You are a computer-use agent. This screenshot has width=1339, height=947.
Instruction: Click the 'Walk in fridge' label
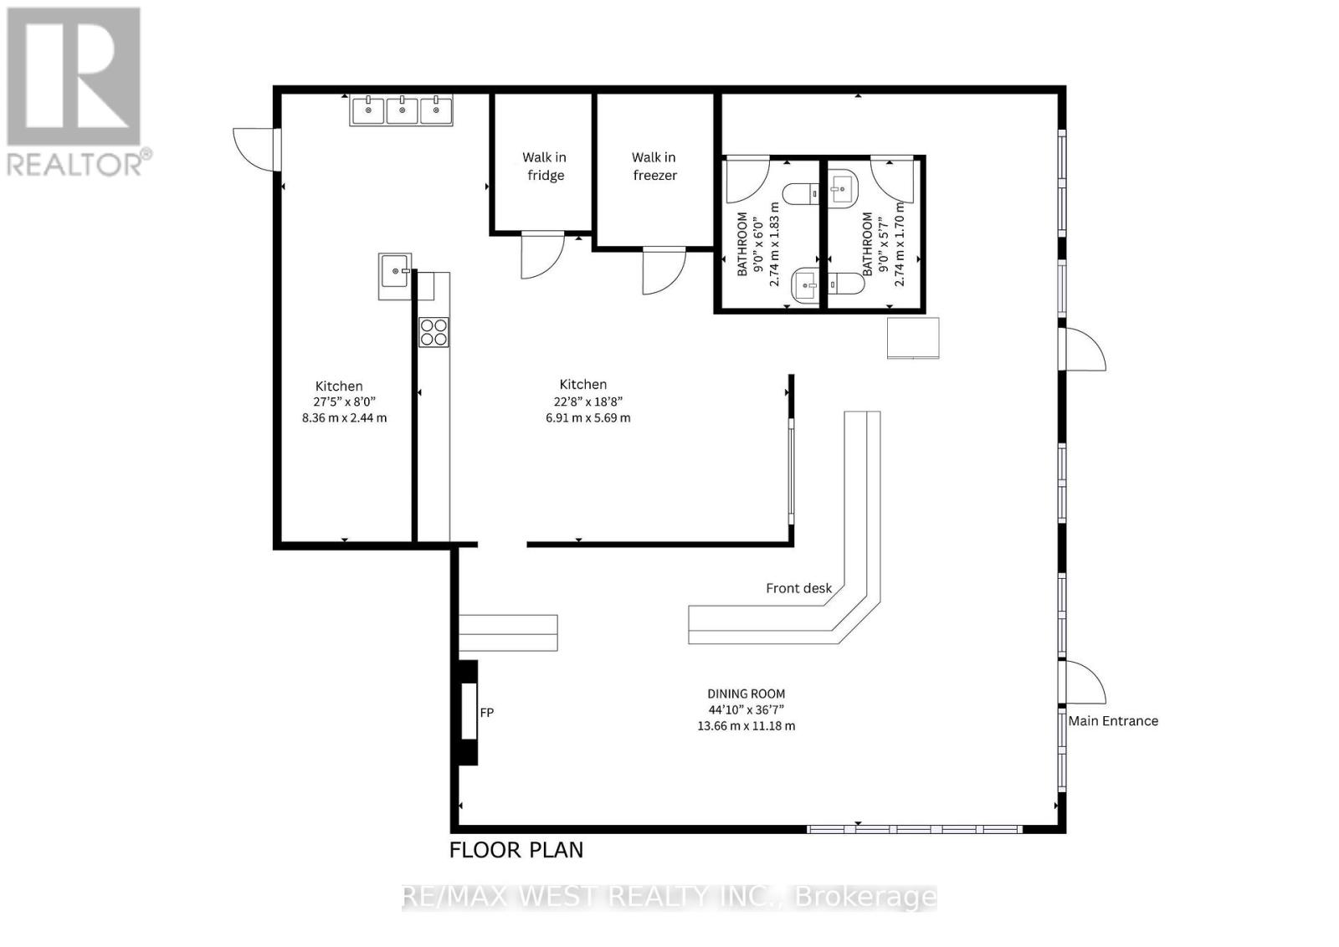[x=544, y=166]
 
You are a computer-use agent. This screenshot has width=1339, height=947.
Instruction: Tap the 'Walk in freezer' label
[x=654, y=166]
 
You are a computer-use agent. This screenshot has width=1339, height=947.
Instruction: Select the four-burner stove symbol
[x=434, y=332]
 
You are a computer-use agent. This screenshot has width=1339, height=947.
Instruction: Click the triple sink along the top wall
[x=402, y=110]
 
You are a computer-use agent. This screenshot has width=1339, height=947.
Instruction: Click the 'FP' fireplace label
[x=487, y=713]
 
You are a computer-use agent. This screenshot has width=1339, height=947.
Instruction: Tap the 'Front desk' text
[x=798, y=588]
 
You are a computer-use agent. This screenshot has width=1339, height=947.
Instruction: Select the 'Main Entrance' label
[x=1113, y=720]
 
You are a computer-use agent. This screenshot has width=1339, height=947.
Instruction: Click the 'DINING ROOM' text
[x=746, y=694]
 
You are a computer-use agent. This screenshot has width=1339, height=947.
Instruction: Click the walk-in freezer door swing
[x=663, y=270]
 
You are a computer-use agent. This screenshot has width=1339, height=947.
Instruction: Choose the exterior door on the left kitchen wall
[x=254, y=150]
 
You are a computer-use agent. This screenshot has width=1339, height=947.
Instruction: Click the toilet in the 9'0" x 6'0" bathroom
[x=803, y=194]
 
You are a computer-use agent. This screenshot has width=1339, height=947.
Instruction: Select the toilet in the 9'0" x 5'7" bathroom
[x=847, y=284]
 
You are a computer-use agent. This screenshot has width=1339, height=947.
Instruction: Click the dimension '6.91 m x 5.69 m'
[x=587, y=417]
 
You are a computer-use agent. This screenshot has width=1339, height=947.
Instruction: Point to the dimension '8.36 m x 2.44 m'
[x=344, y=417]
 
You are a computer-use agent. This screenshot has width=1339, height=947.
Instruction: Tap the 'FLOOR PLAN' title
[x=516, y=850]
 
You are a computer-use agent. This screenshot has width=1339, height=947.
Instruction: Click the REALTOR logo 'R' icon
[x=74, y=77]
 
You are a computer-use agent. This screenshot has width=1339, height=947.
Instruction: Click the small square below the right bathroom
[x=913, y=338]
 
